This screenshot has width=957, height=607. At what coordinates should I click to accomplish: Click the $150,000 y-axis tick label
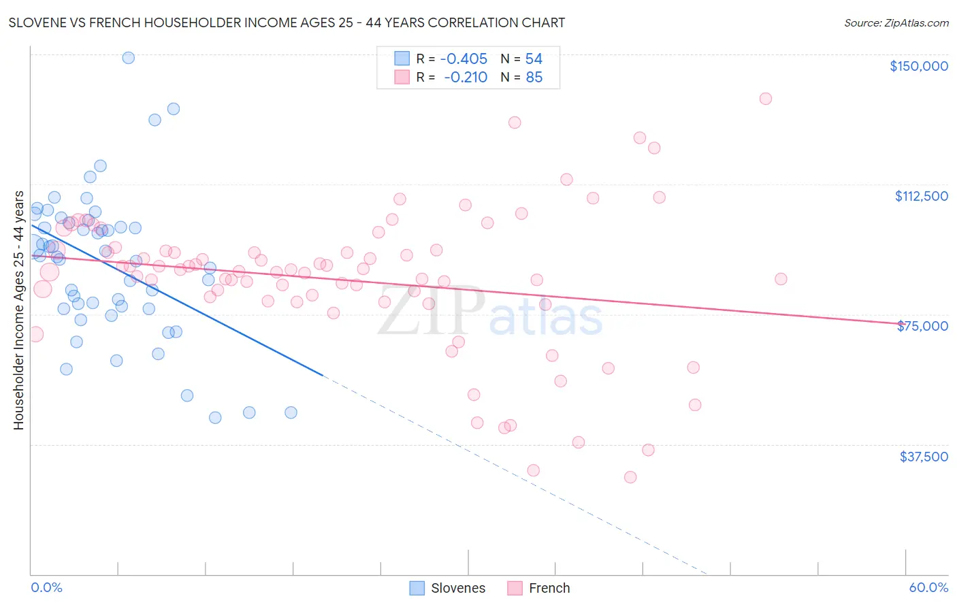[x=918, y=66]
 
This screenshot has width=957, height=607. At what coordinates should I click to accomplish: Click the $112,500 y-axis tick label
[x=921, y=196]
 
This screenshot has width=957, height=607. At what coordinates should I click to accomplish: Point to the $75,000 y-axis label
[x=922, y=326]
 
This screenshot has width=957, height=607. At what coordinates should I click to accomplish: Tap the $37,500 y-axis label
[x=924, y=457]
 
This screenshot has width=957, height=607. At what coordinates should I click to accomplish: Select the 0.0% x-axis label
[x=46, y=587]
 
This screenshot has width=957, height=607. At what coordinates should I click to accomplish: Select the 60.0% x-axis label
[x=928, y=587]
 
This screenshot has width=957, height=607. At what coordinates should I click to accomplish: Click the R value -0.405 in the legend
[x=464, y=59]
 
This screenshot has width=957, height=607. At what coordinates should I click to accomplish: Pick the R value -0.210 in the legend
[x=466, y=78]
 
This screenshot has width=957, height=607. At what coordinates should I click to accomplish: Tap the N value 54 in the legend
[x=534, y=59]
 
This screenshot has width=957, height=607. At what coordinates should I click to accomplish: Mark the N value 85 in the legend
[x=534, y=78]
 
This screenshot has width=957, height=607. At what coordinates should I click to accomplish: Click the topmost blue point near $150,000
[x=128, y=58]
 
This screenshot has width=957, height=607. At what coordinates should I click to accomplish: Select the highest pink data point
[x=765, y=99]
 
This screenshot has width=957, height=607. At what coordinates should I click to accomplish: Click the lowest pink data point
[x=630, y=477]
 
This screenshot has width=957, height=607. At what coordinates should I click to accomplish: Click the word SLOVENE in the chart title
[x=37, y=23]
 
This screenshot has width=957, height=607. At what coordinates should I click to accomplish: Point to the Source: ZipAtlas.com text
[x=896, y=23]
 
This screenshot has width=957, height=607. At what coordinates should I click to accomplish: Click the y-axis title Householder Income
[x=18, y=310]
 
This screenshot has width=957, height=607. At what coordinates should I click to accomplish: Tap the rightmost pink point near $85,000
[x=781, y=279]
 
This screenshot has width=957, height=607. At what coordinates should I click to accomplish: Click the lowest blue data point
[x=215, y=418]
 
